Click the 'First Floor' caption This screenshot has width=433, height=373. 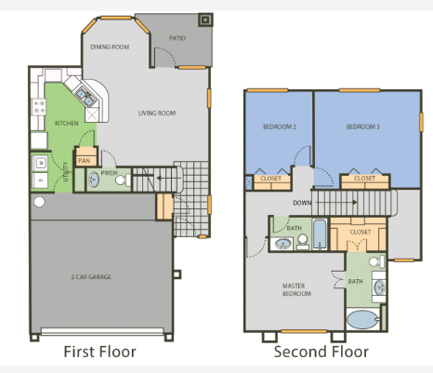[x=99, y=352]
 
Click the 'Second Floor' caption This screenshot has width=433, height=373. [x=321, y=352]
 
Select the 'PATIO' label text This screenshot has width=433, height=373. [x=177, y=39]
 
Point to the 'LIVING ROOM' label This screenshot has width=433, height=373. [x=157, y=113]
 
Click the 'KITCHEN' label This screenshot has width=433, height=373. [x=66, y=123]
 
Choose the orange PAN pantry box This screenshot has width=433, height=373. [x=85, y=160]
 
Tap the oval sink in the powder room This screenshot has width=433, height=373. [x=93, y=180]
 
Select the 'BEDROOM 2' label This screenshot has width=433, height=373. [x=280, y=127]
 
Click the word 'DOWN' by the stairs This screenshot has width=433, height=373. [x=302, y=201]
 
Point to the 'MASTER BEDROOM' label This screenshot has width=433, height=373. [x=295, y=289]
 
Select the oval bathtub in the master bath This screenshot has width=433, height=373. [x=361, y=321]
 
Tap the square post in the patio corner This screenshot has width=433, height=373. [x=205, y=19]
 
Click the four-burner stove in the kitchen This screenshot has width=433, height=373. [x=39, y=107]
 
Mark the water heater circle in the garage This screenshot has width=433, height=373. [x=39, y=201]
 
